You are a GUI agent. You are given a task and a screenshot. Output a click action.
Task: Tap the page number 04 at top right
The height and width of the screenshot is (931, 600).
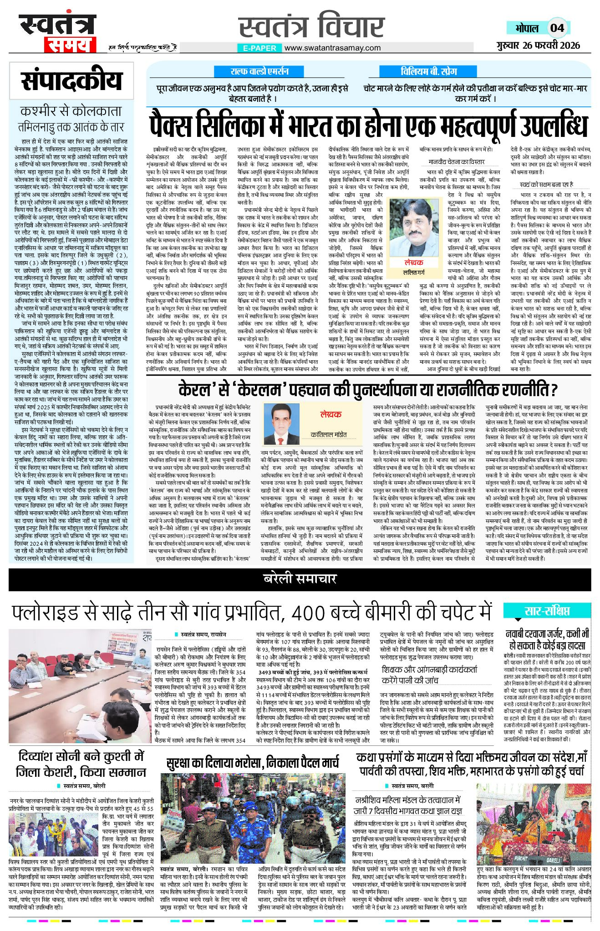[x=557, y=28]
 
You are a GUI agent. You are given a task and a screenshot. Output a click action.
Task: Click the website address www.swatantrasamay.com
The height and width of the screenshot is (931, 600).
[x=333, y=48]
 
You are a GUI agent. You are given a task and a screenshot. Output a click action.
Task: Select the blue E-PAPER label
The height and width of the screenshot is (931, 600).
[x=260, y=48]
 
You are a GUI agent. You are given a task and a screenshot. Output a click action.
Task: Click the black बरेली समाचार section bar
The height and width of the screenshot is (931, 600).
[x=300, y=579]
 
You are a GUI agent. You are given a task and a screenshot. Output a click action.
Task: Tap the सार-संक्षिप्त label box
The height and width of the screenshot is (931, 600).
[x=547, y=611]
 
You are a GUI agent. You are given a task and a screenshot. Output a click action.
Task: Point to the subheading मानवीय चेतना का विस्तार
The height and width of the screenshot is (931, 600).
[x=457, y=161]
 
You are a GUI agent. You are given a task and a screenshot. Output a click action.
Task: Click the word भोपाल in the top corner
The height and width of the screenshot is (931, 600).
[x=527, y=28]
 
